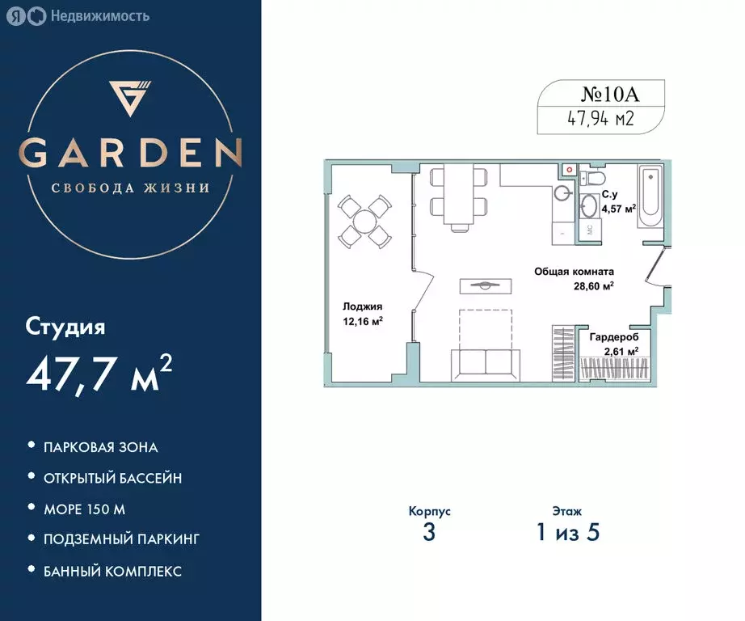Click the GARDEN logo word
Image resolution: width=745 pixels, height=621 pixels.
tap(130, 152)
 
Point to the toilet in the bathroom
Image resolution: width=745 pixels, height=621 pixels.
tap(596, 178)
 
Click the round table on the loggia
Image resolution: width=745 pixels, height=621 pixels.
tap(365, 221)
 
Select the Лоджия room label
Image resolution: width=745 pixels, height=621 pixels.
tap(362, 306)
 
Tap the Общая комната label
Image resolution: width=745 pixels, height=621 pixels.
tap(574, 272)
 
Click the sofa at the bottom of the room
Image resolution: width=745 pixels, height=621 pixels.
tap(485, 363)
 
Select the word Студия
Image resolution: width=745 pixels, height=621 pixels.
tap(65, 327)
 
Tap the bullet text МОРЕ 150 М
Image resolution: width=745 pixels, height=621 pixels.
tap(85, 509)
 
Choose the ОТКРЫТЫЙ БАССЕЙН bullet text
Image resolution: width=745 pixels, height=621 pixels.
tap(112, 478)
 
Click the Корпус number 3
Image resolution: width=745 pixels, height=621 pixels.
tap(429, 533)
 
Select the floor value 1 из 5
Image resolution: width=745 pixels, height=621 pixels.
tap(566, 533)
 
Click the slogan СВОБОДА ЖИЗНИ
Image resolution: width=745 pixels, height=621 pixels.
tap(130, 188)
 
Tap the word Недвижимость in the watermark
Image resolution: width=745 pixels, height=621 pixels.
tap(99, 15)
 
